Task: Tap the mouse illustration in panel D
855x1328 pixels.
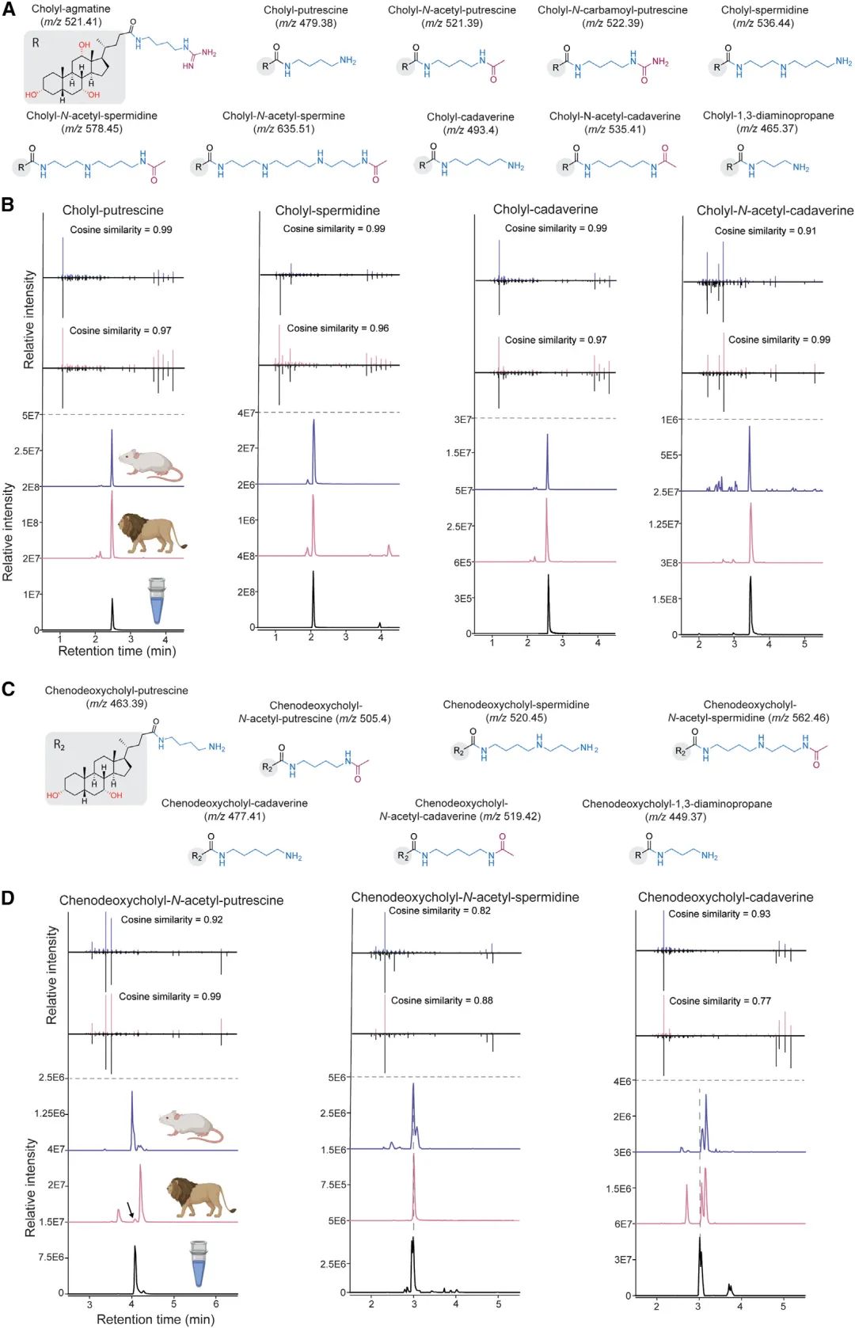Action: [191, 1126]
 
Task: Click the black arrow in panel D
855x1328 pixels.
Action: [131, 1210]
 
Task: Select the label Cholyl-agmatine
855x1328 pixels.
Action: [71, 9]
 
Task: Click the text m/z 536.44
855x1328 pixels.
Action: [764, 23]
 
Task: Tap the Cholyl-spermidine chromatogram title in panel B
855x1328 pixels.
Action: [327, 211]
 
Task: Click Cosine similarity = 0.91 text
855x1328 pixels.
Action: [765, 230]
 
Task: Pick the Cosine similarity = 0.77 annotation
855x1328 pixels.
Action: [720, 1001]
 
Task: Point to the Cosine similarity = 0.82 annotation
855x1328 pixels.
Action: [439, 911]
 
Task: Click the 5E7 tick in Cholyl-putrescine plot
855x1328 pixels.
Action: [31, 416]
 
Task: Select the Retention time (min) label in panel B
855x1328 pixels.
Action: [117, 651]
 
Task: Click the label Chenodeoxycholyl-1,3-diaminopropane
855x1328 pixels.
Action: [677, 804]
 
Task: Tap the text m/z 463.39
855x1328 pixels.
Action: [116, 703]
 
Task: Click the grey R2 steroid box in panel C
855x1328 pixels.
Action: [96, 768]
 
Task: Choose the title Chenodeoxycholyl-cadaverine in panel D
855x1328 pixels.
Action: [725, 897]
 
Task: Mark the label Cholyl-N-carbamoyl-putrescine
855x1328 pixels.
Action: [612, 10]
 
